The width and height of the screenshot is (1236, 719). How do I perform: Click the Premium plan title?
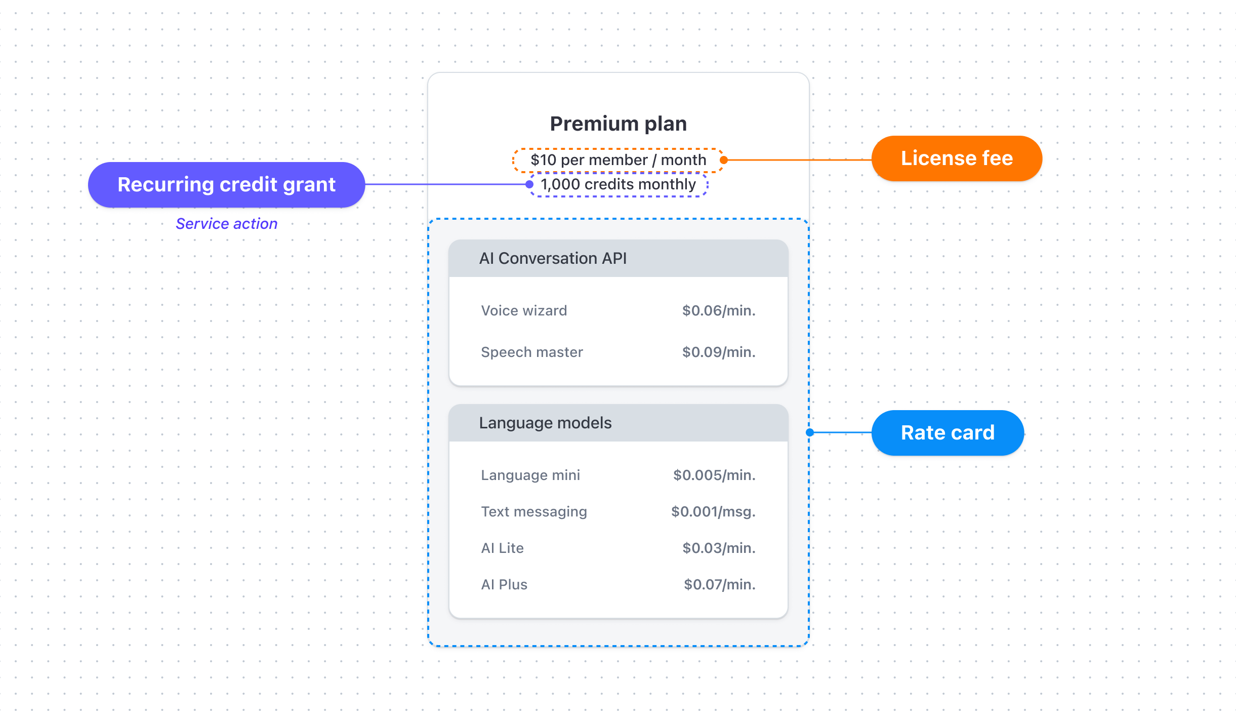(618, 124)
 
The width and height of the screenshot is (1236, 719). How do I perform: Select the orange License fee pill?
(956, 158)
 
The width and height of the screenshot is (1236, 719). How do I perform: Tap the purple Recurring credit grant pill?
(226, 185)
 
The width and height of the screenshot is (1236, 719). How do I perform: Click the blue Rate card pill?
(947, 433)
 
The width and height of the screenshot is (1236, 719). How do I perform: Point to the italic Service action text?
(226, 224)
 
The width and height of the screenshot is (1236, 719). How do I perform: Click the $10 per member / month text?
(618, 160)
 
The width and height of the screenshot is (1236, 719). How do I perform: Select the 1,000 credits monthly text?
(618, 184)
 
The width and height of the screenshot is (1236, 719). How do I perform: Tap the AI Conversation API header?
(553, 258)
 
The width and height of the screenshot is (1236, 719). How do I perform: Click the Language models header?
(545, 423)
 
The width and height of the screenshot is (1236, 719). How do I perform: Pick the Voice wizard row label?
(524, 310)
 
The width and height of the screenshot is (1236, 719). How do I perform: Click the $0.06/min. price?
(718, 310)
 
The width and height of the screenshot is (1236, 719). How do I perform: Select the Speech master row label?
(531, 352)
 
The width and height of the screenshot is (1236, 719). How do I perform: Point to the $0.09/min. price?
(718, 352)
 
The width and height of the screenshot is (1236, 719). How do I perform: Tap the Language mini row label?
(530, 475)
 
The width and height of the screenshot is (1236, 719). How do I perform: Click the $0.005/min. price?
(714, 475)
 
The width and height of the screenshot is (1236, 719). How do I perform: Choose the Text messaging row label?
(533, 511)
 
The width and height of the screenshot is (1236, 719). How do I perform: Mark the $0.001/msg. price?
(713, 511)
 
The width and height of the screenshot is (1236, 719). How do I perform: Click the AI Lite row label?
(502, 548)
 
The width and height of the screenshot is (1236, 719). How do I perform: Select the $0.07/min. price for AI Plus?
(719, 584)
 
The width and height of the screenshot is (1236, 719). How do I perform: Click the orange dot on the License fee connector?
(724, 160)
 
